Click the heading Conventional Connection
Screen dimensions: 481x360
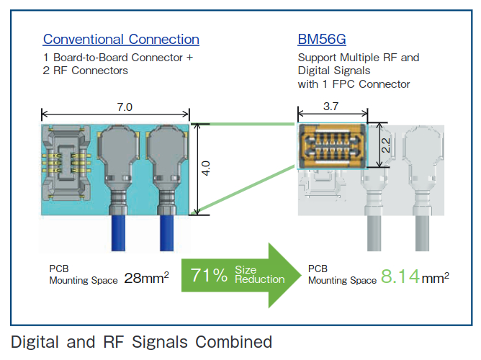click(121, 40)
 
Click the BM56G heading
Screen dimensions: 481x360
click(322, 40)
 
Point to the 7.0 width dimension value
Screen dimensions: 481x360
click(125, 107)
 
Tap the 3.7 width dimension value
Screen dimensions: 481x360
click(331, 107)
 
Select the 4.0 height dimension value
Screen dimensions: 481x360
click(205, 168)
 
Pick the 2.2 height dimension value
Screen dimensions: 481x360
click(386, 145)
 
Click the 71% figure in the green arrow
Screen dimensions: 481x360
click(209, 275)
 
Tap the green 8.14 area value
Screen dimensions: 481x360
click(400, 276)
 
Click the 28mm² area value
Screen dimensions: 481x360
click(147, 278)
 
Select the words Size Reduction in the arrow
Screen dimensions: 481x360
click(259, 274)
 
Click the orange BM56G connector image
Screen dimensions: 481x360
click(332, 146)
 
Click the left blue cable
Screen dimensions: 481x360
click(118, 233)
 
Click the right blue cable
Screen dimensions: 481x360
click(167, 233)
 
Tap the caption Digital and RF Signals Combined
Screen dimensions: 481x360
click(141, 342)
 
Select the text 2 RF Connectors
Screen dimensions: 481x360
click(85, 71)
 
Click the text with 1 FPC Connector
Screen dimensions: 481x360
click(354, 84)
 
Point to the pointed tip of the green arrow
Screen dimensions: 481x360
click(302, 275)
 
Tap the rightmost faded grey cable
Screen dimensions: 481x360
click(422, 233)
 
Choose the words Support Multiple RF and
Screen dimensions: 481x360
click(359, 58)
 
